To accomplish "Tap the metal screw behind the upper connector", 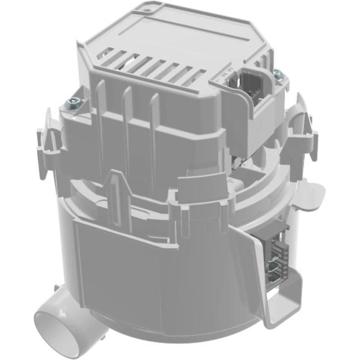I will pos(278,73).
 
